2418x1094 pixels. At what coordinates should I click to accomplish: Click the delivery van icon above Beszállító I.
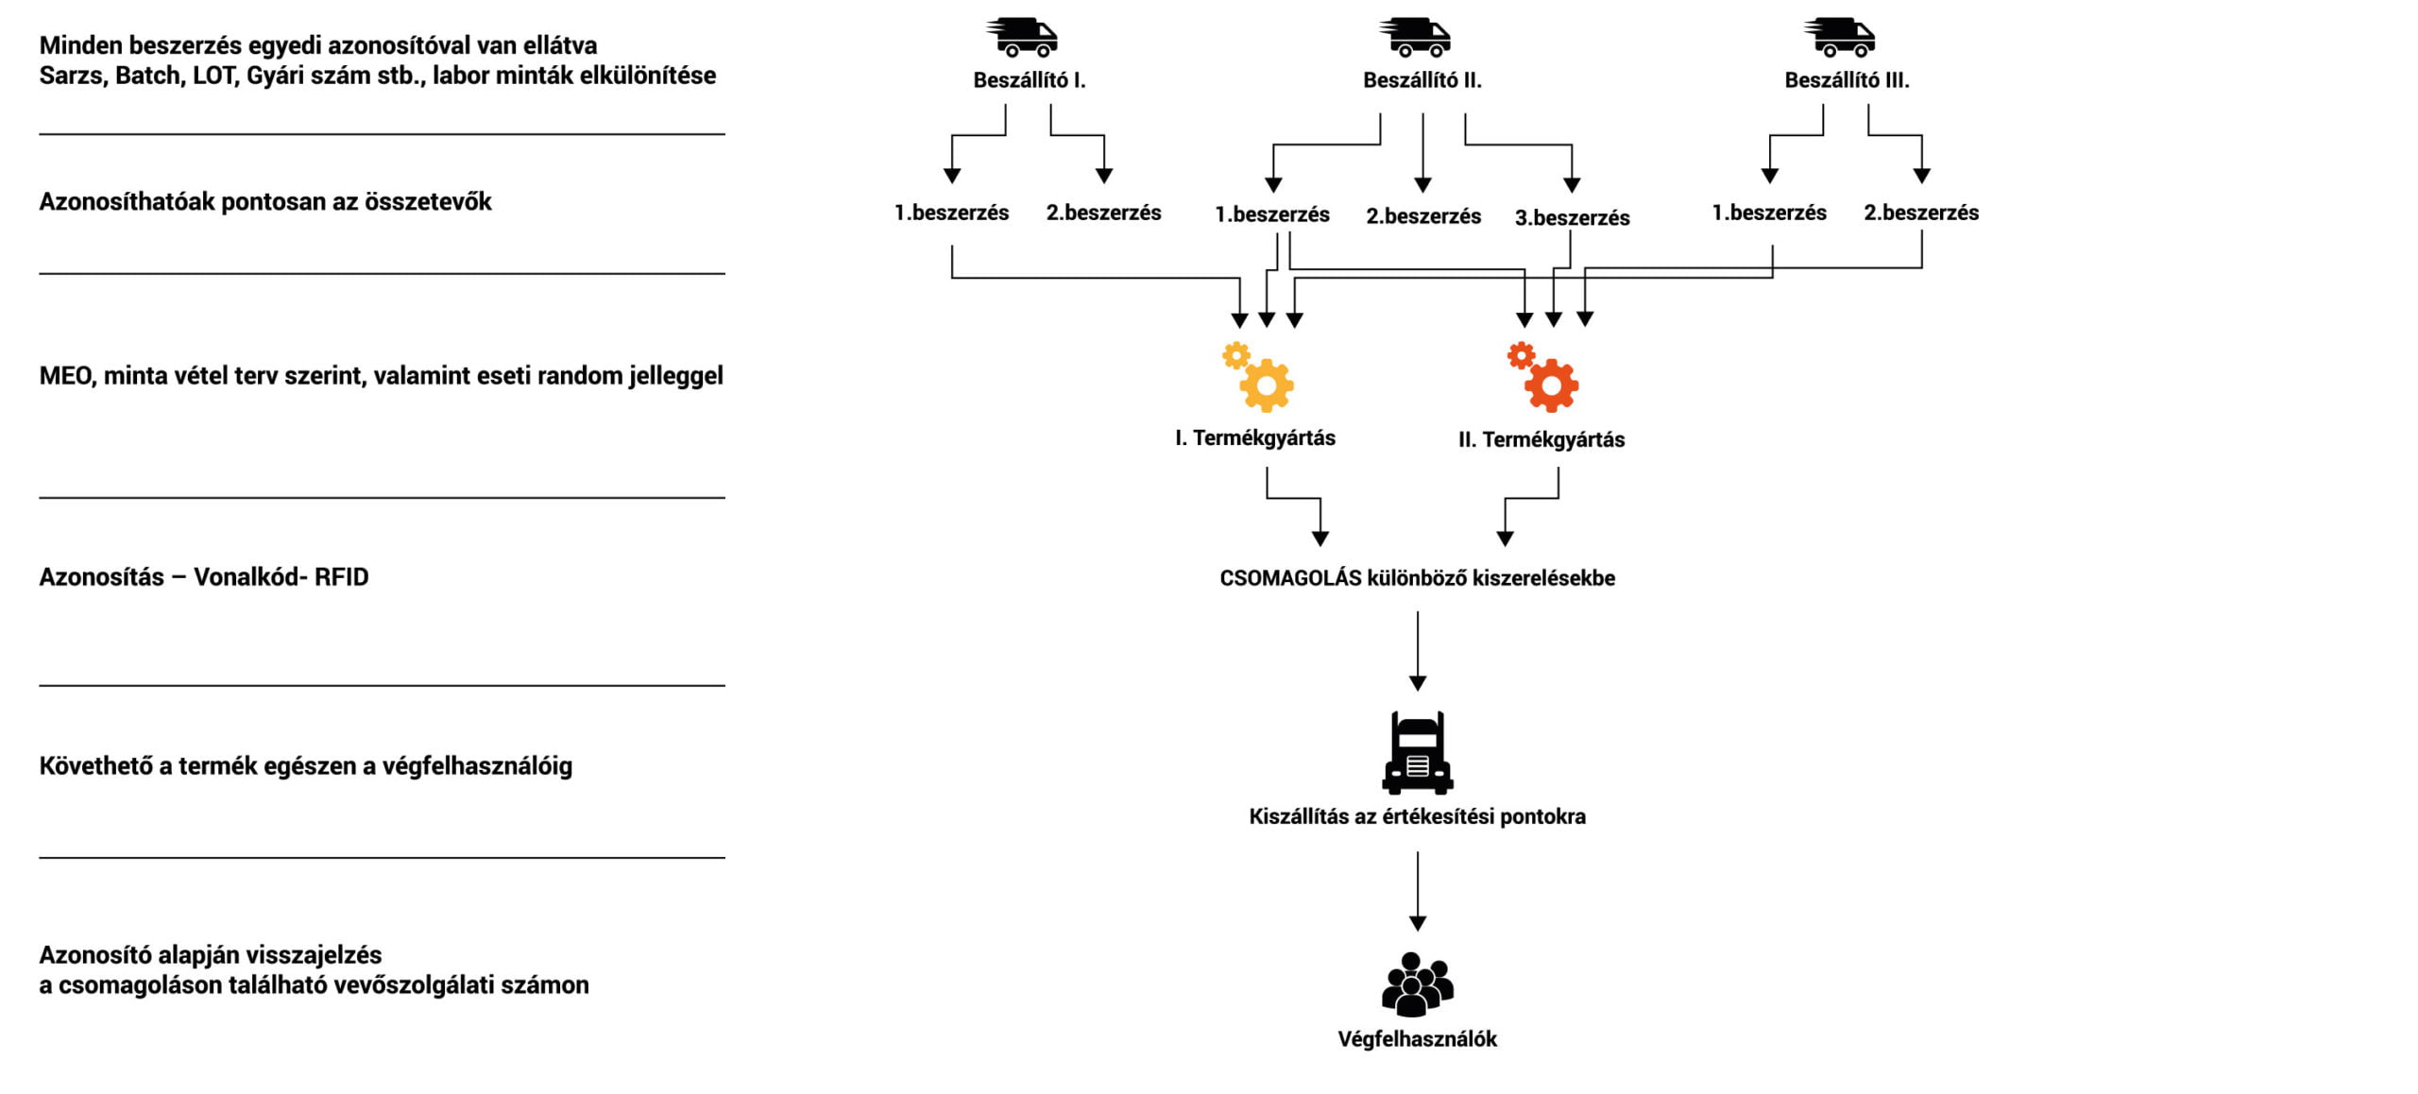[x=1023, y=38]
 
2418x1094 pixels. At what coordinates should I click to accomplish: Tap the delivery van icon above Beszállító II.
[x=1416, y=38]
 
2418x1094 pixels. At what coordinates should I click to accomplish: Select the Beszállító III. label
[x=1847, y=80]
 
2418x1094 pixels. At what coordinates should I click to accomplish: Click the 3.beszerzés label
[x=1572, y=218]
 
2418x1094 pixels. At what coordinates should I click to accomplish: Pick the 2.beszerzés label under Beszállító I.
[x=1103, y=213]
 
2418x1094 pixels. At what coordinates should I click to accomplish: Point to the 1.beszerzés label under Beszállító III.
[x=1769, y=213]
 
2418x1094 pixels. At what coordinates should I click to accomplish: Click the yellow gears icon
[x=1259, y=378]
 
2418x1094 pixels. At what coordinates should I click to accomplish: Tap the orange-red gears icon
[x=1543, y=378]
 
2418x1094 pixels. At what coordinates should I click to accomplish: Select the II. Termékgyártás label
[x=1541, y=439]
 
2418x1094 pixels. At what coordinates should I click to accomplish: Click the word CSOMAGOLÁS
[x=1289, y=578]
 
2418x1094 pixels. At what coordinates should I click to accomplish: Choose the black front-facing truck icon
[x=1417, y=753]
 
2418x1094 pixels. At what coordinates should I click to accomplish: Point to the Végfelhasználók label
[x=1417, y=1039]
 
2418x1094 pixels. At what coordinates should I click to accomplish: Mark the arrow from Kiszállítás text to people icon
[x=1417, y=890]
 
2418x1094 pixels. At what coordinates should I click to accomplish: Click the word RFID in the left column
[x=341, y=577]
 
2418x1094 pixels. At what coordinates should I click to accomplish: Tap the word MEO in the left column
[x=65, y=376]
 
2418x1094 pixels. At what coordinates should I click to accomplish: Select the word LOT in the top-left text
[x=214, y=76]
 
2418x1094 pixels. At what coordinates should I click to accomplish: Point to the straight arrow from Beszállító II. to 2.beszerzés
[x=1422, y=151]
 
